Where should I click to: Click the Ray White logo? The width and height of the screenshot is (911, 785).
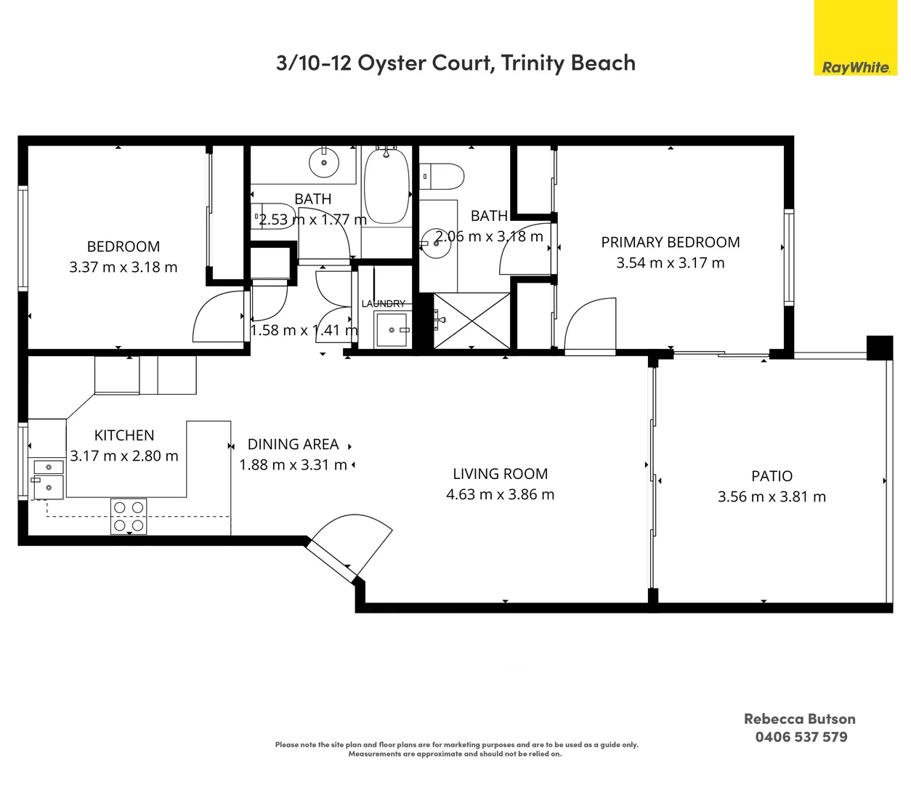coord(856,38)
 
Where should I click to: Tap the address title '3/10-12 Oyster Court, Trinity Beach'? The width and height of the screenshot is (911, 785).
coord(455,63)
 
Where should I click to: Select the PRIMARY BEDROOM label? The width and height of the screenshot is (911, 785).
coord(671,242)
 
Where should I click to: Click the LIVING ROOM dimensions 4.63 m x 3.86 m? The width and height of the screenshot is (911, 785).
coord(501,494)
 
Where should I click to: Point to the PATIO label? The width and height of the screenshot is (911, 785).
coord(772,476)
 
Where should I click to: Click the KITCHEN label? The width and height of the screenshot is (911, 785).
coord(124,435)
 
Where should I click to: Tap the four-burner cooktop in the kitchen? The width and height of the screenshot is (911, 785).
coord(129,516)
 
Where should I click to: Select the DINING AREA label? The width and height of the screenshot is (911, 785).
coord(293,444)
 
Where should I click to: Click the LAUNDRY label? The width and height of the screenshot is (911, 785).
coord(384,303)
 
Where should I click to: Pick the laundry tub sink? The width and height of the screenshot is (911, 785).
coord(392,329)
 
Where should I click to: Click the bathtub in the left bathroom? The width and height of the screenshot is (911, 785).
coord(387,186)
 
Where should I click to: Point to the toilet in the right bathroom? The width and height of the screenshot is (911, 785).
coord(441,177)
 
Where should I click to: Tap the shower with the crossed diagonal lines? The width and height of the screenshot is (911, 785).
coord(472,321)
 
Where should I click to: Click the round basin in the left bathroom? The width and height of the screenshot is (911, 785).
coord(324,163)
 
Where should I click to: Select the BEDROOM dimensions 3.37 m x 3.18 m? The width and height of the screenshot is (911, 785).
coord(124,267)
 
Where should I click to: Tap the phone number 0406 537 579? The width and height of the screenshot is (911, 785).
coord(801,737)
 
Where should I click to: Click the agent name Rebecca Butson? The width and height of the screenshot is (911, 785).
coord(800,719)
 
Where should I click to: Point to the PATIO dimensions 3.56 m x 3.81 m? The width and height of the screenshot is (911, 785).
coord(772,496)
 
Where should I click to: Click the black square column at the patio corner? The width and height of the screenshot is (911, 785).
coord(880,348)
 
